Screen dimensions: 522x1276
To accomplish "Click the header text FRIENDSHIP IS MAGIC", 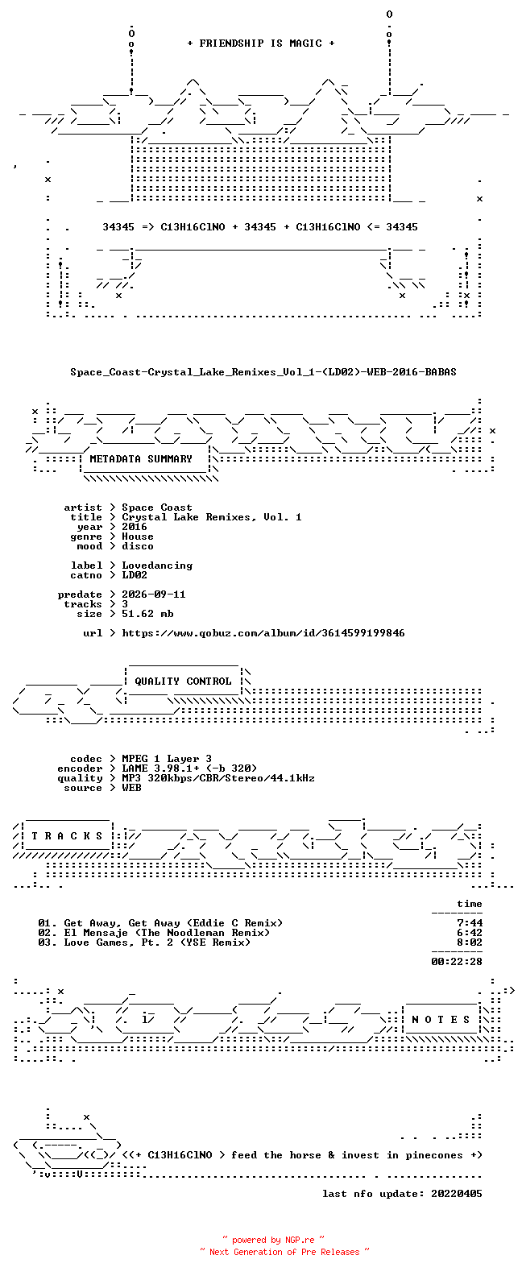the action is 261,43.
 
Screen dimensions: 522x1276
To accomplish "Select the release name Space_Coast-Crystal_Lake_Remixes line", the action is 263,372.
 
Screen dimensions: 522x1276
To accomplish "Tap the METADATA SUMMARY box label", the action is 141,459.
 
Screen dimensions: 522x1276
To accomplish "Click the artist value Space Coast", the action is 157,507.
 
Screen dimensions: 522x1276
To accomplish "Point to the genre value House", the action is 137,536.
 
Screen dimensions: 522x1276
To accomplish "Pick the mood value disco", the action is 137,546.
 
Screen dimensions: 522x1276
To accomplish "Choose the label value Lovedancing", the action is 157,565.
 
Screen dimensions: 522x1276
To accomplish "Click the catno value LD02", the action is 135,575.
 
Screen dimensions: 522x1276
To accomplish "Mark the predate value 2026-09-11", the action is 154,594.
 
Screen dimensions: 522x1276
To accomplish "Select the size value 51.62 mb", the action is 147,614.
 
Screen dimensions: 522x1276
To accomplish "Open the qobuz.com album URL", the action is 263,633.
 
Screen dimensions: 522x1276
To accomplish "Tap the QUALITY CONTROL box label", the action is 183,681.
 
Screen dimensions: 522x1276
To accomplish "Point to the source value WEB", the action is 131,788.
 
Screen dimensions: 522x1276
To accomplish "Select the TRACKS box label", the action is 67,836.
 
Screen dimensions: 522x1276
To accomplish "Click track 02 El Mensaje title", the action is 167,933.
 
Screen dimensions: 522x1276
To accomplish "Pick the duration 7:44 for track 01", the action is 470,923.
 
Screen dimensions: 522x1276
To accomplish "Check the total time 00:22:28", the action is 457,962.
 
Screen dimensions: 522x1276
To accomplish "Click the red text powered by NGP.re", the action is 273,1240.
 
